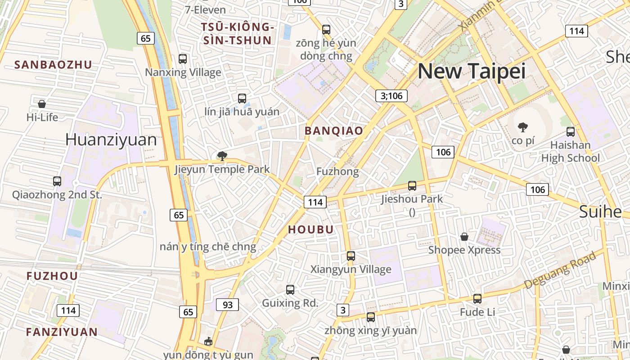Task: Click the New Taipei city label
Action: point(472,72)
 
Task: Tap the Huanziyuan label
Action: point(111,139)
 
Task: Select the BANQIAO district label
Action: point(334,131)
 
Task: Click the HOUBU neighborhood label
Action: point(311,229)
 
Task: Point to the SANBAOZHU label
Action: point(53,64)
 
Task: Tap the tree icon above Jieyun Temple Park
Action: point(222,156)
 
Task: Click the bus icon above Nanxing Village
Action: point(183,58)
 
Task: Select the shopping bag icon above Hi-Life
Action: point(42,104)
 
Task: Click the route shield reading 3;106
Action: point(391,95)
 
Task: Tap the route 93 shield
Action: point(227,305)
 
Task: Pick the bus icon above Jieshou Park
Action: point(412,185)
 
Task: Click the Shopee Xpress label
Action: point(464,250)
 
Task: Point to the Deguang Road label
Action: point(560,270)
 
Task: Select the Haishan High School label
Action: point(570,152)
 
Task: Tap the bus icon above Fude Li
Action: point(477,298)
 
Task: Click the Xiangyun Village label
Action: point(351,269)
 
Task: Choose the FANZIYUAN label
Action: point(62,332)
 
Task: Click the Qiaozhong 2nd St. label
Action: point(57,195)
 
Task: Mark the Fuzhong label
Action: point(337,171)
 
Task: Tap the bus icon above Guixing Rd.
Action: point(290,289)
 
